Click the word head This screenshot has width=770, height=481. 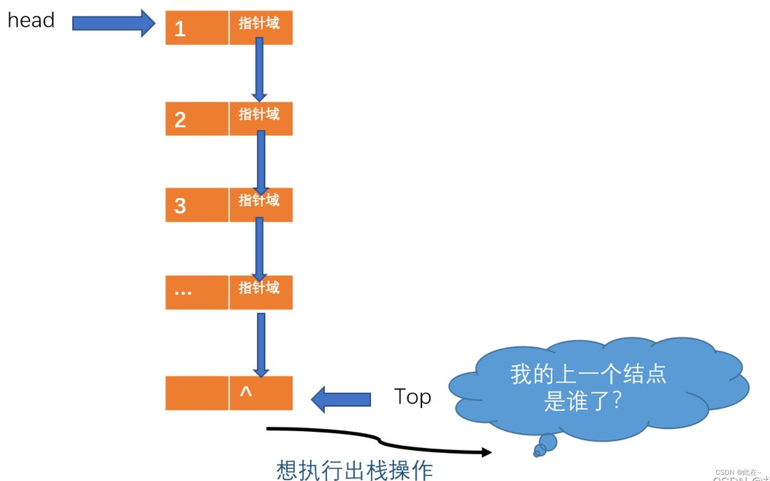coord(31,21)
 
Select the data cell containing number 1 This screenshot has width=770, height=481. coord(196,27)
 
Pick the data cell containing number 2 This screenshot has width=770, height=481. coord(196,119)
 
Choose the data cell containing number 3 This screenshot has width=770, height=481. coord(196,205)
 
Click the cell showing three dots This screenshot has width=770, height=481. coord(196,292)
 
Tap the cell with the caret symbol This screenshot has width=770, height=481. coord(261,393)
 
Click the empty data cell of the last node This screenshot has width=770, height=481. coord(196,393)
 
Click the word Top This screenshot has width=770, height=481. coord(412,397)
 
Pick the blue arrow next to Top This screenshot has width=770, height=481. coord(341,399)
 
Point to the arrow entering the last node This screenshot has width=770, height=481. coord(261,344)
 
